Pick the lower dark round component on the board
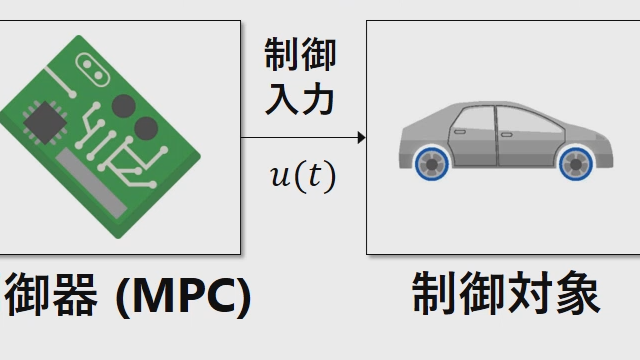146,128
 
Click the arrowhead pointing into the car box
361,137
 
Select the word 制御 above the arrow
300,56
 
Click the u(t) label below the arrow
302,176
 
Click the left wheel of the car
433,164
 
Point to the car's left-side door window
470,119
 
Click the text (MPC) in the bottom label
183,297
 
